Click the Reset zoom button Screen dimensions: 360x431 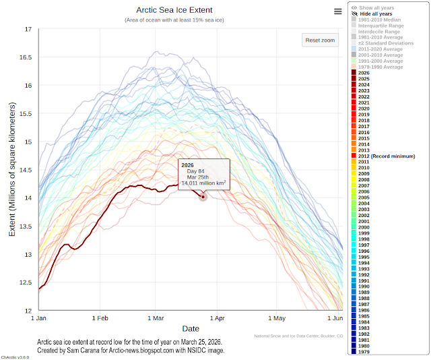point(320,40)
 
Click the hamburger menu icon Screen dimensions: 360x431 point(337,11)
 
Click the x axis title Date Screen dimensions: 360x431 point(190,328)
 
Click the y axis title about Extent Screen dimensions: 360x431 point(11,169)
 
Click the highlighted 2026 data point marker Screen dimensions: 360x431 point(202,197)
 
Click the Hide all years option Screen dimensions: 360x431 point(376,13)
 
